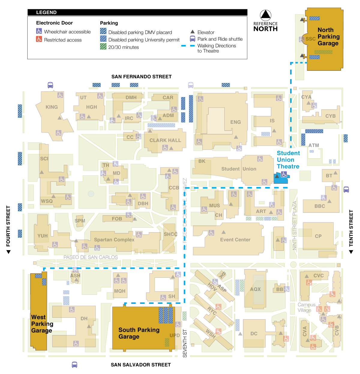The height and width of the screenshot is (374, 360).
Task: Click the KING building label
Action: click(52, 107)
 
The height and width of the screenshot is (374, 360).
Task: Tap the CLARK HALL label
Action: click(165, 140)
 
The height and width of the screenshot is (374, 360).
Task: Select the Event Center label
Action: click(235, 240)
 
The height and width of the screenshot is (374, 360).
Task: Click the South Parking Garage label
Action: click(139, 333)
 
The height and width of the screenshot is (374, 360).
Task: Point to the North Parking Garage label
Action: click(328, 37)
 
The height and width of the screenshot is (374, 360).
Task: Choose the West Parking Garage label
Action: click(42, 324)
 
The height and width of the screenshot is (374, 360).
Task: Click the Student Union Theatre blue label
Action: click(288, 160)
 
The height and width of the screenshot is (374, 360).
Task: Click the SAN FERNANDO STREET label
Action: click(142, 77)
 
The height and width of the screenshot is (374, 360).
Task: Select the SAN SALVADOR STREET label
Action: click(141, 365)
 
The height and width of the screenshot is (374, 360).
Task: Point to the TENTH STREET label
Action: click(351, 228)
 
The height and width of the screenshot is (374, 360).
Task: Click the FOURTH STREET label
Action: click(8, 226)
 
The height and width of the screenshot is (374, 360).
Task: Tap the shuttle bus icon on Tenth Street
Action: click(346, 189)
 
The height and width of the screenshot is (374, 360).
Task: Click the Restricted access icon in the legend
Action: click(39, 39)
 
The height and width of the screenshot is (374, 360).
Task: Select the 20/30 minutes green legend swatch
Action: click(103, 47)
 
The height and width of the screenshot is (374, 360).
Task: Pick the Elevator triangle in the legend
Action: click(193, 32)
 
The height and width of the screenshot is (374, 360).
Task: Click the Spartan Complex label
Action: click(114, 240)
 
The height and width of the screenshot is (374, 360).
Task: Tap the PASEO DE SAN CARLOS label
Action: click(91, 257)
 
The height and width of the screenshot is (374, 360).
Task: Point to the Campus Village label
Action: click(306, 307)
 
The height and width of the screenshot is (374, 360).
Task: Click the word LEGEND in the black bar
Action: click(46, 13)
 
